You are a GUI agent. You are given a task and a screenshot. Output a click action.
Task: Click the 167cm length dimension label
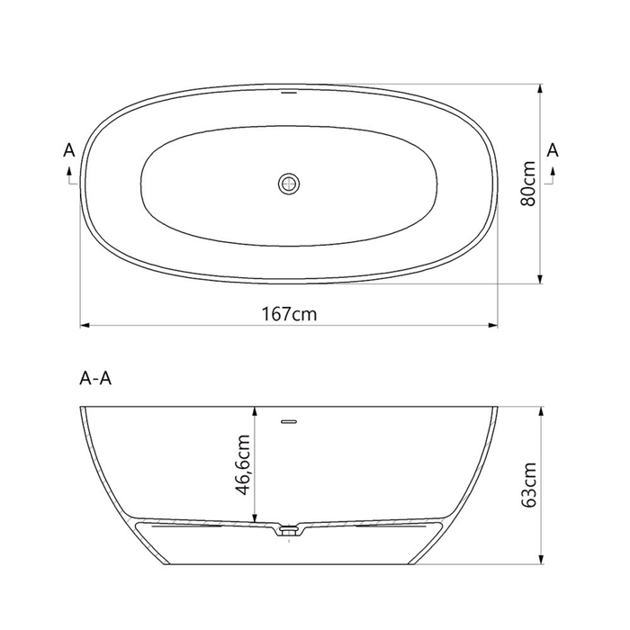(289, 314)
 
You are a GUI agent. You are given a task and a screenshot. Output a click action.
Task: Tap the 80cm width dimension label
(528, 184)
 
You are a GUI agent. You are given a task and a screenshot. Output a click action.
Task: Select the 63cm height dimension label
(528, 485)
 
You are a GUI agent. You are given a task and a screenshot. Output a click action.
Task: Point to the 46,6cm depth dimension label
(243, 465)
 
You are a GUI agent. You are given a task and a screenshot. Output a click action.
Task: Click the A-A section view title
(95, 379)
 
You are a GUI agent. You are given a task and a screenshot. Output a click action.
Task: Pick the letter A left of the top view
(69, 150)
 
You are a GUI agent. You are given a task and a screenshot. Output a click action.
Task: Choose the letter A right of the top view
(553, 150)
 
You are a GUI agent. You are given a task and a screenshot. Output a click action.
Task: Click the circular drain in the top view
(289, 184)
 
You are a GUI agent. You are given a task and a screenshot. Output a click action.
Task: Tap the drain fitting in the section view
(289, 531)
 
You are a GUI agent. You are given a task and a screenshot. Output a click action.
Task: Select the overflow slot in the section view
(289, 421)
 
